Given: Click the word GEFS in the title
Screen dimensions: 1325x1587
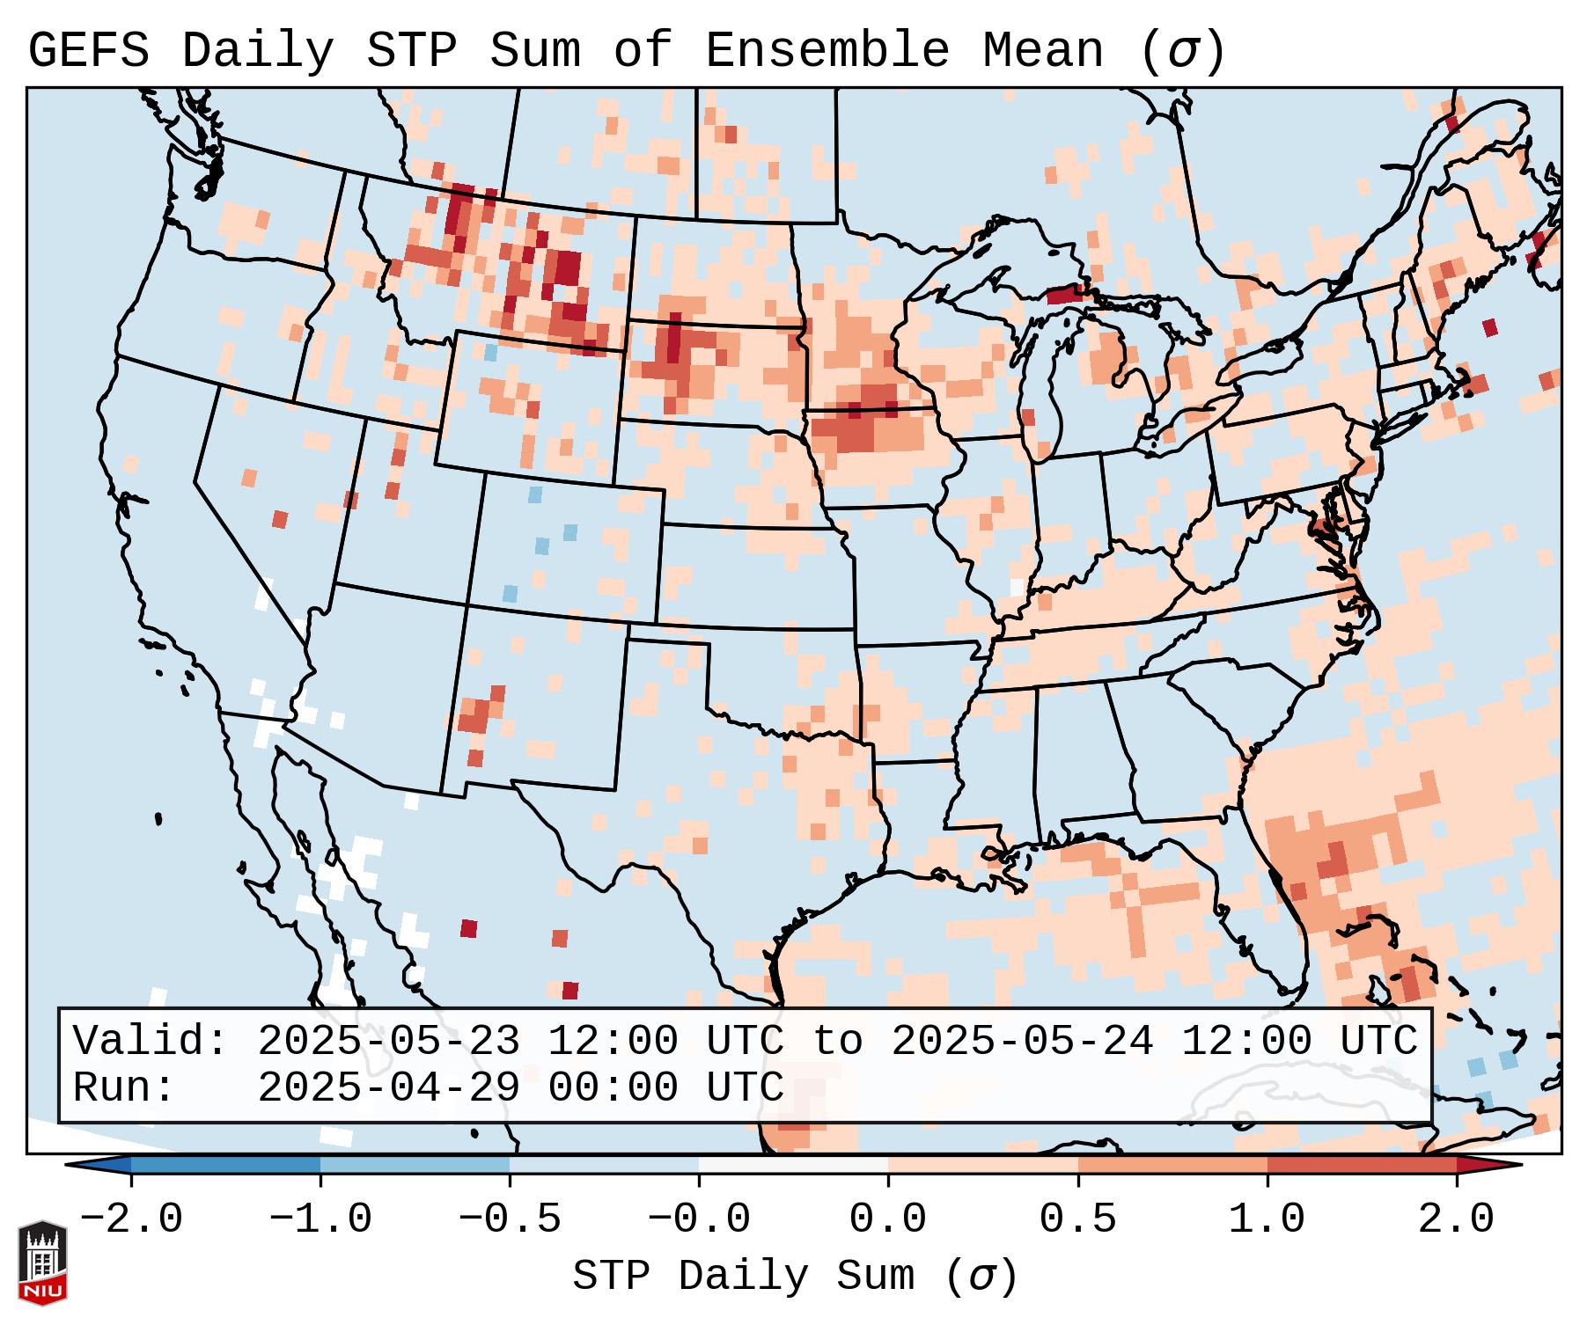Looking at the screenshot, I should point(89,51).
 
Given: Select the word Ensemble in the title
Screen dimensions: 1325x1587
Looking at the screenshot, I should point(827,51).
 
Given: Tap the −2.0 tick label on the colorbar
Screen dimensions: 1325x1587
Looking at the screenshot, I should point(131,1219).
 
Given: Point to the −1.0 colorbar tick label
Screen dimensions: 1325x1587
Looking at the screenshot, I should point(320,1219).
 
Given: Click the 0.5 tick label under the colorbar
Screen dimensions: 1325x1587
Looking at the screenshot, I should point(1078,1219).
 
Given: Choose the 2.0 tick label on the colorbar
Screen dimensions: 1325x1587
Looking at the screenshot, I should point(1457,1219).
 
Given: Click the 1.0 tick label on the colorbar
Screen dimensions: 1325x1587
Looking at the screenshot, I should point(1267,1219).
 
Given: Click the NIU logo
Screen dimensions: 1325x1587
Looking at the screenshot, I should point(42,1263).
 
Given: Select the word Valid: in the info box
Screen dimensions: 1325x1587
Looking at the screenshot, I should point(151,1042).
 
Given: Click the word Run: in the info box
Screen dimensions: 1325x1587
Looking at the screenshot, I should point(124,1088).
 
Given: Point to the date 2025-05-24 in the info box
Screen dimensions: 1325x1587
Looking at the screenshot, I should point(1022,1042).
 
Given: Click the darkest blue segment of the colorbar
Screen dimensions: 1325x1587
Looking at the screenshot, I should point(225,1165).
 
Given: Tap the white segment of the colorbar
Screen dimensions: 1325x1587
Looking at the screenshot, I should point(793,1165).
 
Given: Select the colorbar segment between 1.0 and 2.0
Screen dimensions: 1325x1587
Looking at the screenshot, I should point(1362,1165).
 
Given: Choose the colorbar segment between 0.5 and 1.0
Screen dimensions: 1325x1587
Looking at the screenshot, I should point(1172,1165).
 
